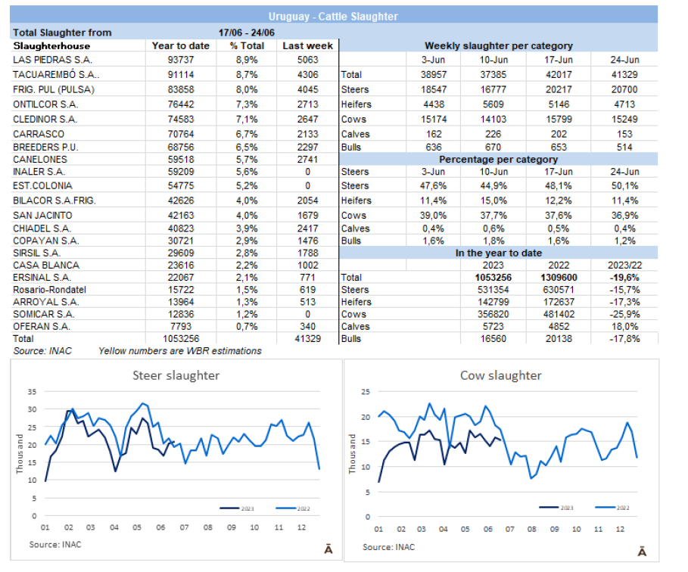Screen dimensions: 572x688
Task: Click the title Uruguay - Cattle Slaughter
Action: pyautogui.click(x=333, y=16)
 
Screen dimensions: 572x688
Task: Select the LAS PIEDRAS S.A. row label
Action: pyautogui.click(x=48, y=61)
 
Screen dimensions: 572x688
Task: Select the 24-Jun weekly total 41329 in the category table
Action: pyautogui.click(x=624, y=75)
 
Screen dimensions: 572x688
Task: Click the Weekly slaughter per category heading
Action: pyautogui.click(x=498, y=46)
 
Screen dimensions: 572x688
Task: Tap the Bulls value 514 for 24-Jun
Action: pyautogui.click(x=624, y=148)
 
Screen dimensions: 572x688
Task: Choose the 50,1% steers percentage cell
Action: pyautogui.click(x=624, y=186)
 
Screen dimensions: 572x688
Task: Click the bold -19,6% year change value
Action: pyautogui.click(x=624, y=278)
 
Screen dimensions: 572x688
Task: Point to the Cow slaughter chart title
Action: pyautogui.click(x=500, y=375)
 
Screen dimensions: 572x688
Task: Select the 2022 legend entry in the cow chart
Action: pyautogui.click(x=612, y=508)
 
